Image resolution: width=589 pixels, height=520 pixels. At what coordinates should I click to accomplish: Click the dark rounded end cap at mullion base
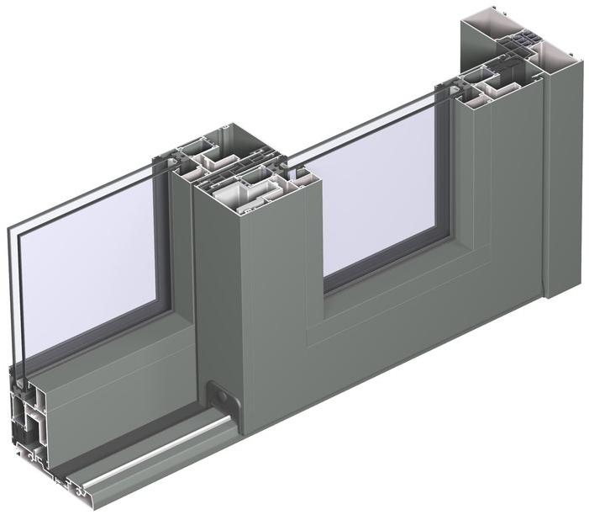(x=220, y=395)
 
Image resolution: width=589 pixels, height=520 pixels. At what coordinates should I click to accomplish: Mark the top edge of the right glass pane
(x=361, y=126)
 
